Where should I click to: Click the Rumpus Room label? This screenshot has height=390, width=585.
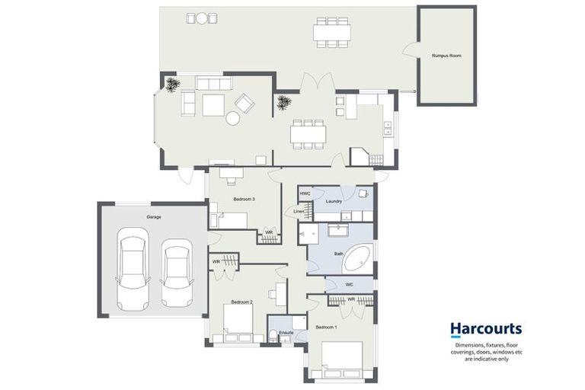[x=446, y=56]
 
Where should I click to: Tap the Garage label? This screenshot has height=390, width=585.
[x=154, y=217]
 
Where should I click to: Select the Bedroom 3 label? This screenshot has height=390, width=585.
[x=244, y=200]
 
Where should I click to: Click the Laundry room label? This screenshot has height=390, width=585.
[x=334, y=202]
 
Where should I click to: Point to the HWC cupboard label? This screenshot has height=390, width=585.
[x=305, y=193]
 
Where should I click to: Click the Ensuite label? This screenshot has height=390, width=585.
[x=286, y=333]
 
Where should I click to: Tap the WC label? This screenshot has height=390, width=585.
[x=349, y=285]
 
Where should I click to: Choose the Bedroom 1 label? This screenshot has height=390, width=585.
[x=326, y=328]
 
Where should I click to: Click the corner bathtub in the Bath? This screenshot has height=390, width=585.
[x=358, y=258]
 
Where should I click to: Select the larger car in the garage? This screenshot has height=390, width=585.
[x=133, y=269]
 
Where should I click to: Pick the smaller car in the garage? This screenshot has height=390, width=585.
[x=177, y=273]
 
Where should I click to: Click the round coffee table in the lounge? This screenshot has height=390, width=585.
[x=233, y=118]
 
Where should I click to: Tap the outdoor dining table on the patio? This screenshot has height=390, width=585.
[x=331, y=33]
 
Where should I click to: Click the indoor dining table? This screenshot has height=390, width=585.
[x=308, y=134]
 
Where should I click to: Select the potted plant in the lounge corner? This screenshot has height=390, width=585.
[x=171, y=85]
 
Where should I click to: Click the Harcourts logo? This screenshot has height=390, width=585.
[x=486, y=330]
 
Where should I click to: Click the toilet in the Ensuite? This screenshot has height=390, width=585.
[x=273, y=335]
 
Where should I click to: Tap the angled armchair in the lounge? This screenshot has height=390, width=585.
[x=245, y=104]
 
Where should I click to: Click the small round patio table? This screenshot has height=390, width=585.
[x=202, y=18]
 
